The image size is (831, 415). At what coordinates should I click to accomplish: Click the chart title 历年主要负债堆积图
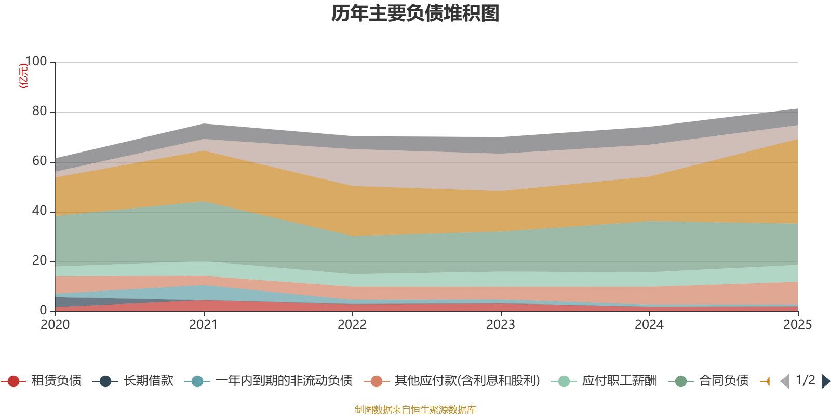[x=415, y=13]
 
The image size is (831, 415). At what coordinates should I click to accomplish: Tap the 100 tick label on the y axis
[x=36, y=61]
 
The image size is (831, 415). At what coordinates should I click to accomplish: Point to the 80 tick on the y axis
[x=39, y=111]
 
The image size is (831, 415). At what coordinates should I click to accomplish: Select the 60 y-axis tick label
[x=39, y=161]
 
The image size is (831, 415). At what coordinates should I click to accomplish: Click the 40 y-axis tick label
[x=39, y=211]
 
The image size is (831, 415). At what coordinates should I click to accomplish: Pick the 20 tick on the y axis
[x=39, y=260]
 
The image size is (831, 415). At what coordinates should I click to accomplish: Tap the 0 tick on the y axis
[x=43, y=310]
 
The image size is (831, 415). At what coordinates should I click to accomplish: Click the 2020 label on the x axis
[x=55, y=325]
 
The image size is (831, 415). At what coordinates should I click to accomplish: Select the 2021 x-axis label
[x=204, y=325]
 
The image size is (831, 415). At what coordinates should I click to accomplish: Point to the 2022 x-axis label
[x=352, y=325]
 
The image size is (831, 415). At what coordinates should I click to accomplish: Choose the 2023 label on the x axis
[x=501, y=325]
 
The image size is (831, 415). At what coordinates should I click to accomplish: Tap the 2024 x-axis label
[x=649, y=325]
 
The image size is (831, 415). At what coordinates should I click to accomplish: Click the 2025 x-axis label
[x=797, y=325]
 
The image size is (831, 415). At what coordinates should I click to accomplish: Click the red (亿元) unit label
[x=23, y=76]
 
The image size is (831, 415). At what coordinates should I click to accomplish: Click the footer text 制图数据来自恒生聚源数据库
[x=415, y=410]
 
